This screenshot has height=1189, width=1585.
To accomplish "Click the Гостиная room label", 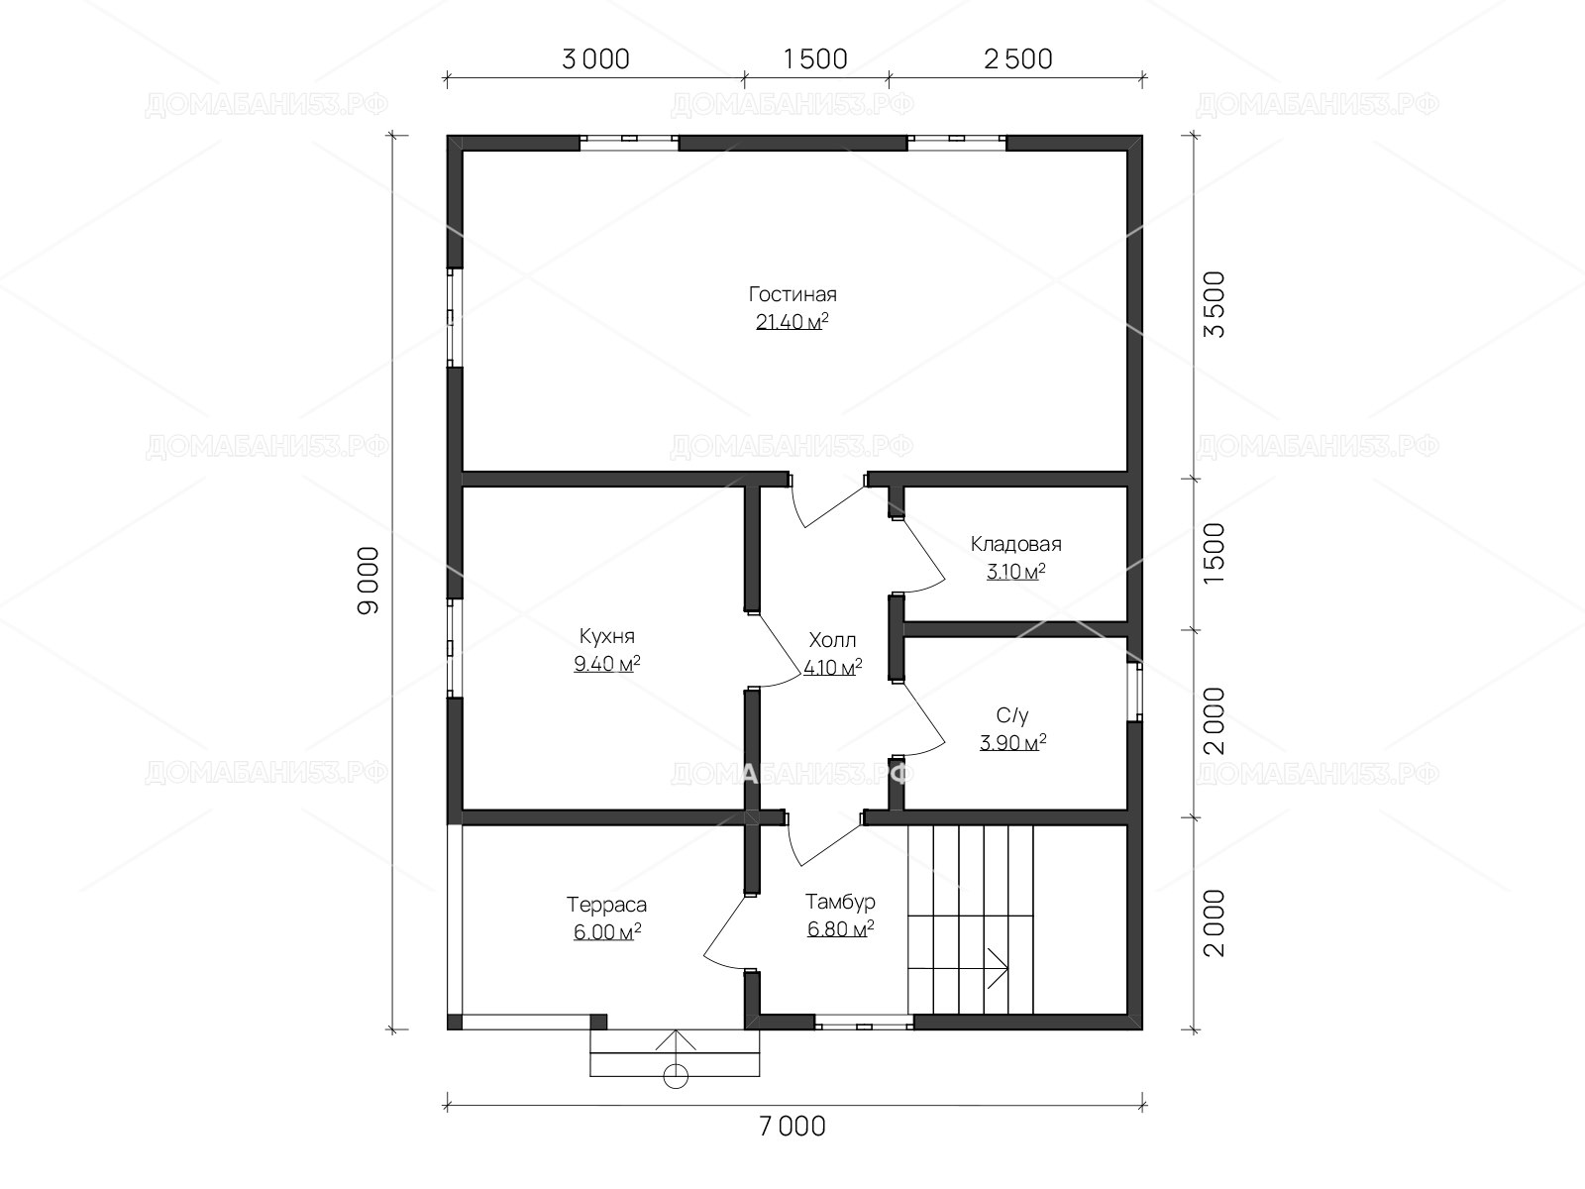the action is click(792, 294).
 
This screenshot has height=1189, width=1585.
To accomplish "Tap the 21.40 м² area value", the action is click(792, 321).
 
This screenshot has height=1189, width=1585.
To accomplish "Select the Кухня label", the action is click(606, 636).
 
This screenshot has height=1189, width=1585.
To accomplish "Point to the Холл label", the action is click(832, 640).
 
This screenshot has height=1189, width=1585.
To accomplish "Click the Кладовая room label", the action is click(1015, 544).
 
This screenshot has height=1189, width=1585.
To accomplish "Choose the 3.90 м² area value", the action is click(1013, 742).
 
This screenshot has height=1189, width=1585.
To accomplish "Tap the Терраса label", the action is click(606, 905).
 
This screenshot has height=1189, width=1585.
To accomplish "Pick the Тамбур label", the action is click(840, 902).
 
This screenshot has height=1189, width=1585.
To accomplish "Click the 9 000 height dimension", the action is click(369, 581).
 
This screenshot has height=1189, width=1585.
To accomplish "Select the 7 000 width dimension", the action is click(792, 1127).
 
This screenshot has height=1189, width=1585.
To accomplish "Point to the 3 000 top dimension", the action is click(595, 59).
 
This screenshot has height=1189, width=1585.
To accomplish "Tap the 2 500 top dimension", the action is click(1018, 59).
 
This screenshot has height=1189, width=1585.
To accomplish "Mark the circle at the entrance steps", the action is click(676, 1076).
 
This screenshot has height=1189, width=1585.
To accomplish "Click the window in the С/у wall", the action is click(1135, 692).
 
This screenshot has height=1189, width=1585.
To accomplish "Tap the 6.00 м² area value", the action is click(607, 932).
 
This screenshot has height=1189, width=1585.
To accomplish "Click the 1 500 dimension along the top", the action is click(815, 59).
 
